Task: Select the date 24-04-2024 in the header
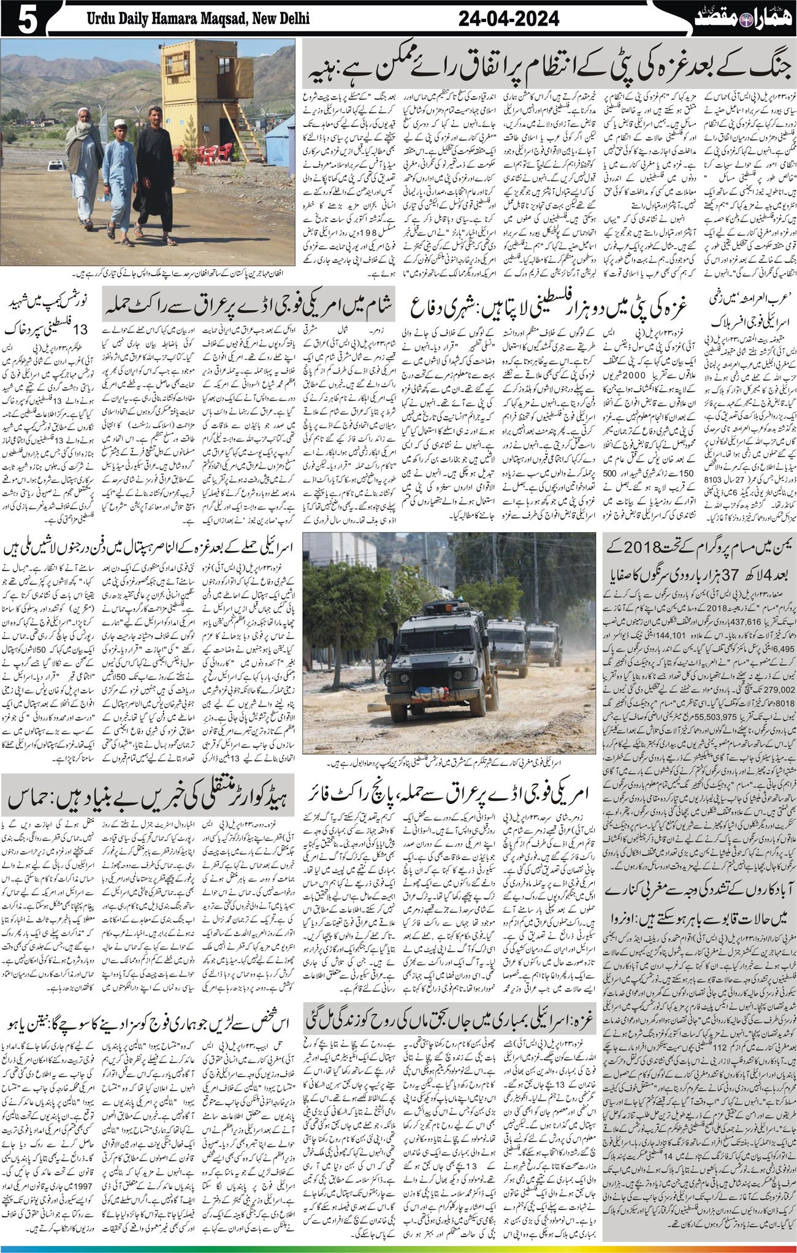coord(509,19)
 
